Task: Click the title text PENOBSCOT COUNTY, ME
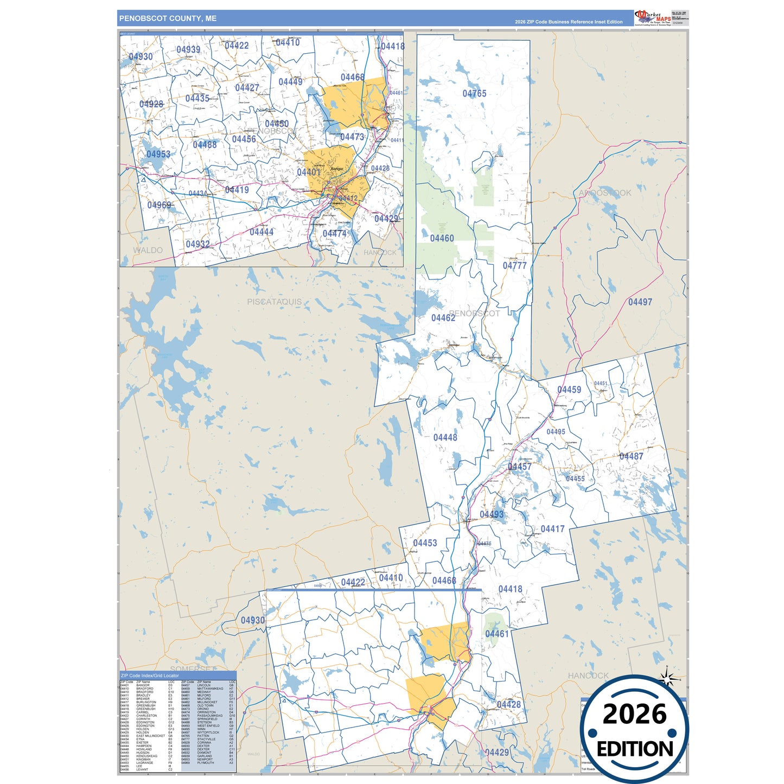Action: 168,18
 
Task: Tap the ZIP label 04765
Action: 474,93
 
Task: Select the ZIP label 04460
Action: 442,238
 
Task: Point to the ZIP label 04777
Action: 514,265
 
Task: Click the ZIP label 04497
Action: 640,302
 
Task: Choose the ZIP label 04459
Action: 569,390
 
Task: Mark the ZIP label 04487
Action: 631,456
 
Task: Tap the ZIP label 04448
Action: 445,437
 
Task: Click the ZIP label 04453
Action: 425,543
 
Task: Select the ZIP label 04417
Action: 552,529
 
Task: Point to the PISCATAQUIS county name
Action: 274,302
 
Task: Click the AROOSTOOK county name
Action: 604,193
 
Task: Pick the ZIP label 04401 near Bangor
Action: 308,172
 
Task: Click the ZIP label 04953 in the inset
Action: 158,154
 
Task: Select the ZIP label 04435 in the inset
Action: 197,98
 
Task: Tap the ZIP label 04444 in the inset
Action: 261,232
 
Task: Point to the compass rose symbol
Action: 667,678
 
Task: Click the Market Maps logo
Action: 653,17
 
